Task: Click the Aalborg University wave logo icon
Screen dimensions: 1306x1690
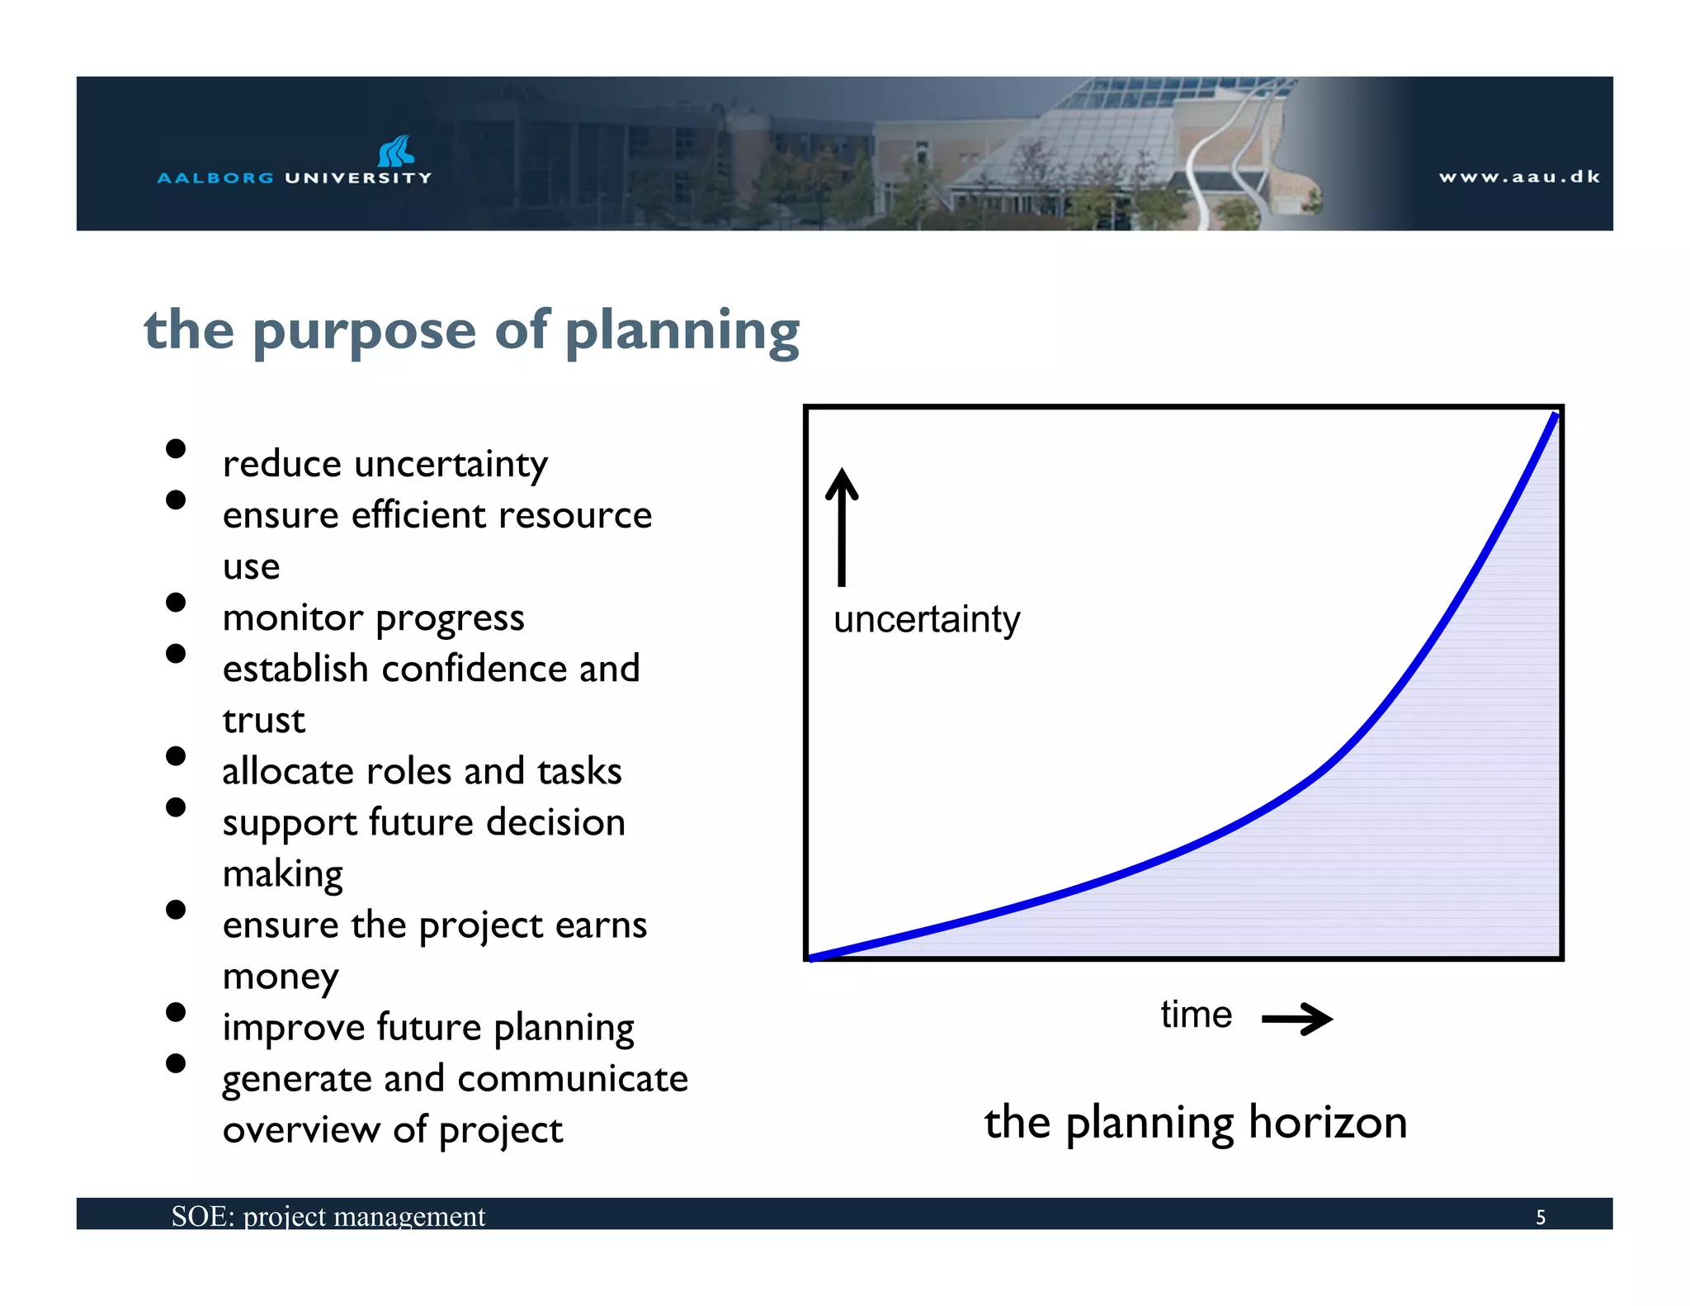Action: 396,151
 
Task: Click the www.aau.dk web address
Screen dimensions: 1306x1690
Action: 1519,177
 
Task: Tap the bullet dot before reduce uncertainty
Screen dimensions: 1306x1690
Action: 175,448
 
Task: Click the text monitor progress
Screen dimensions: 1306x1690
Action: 373,618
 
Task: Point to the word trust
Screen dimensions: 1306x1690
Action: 264,721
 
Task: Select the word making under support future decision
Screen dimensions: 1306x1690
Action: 282,874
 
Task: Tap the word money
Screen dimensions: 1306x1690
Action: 281,977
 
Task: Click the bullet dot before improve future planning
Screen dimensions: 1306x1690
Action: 175,1012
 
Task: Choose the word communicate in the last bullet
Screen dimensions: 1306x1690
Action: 573,1079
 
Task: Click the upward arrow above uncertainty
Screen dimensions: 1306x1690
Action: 842,526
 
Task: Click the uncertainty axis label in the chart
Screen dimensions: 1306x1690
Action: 926,620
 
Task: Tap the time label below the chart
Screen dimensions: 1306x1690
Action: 1196,1015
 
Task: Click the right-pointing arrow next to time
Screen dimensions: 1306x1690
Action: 1297,1019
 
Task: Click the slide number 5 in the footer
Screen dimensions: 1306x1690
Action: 1540,1217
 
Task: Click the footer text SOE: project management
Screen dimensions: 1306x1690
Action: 328,1216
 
